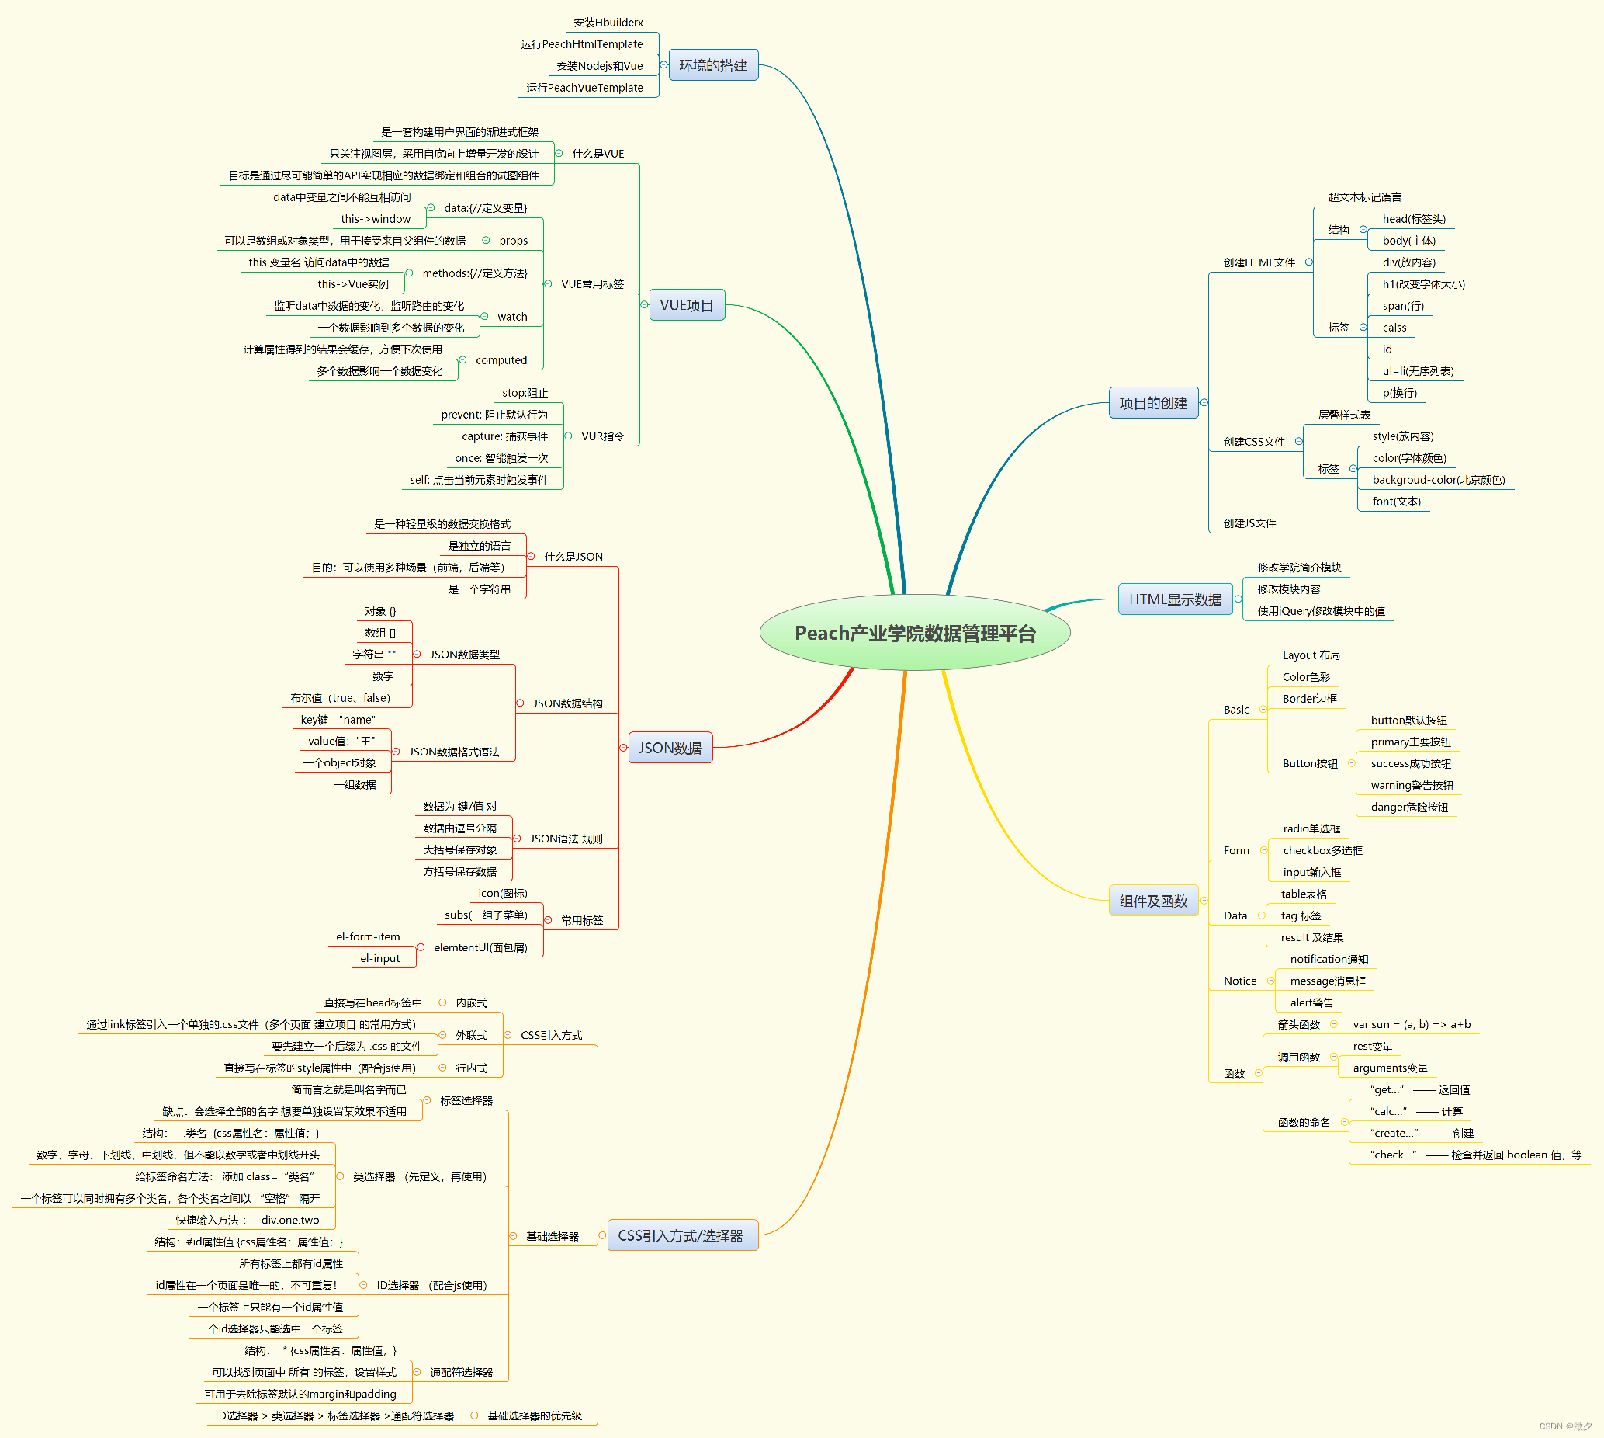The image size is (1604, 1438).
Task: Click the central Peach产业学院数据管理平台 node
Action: click(x=915, y=633)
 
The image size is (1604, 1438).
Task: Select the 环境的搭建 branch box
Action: click(x=712, y=65)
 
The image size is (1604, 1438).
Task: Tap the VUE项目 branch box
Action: click(x=686, y=305)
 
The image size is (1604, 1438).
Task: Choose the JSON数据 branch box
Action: click(x=670, y=748)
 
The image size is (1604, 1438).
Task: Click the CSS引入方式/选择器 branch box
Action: click(x=680, y=1235)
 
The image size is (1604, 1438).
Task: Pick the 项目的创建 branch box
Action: click(x=1153, y=403)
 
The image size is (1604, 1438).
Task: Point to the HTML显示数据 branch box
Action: click(x=1174, y=599)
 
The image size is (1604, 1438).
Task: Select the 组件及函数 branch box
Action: click(x=1153, y=901)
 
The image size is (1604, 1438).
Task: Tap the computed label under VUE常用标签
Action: click(x=501, y=360)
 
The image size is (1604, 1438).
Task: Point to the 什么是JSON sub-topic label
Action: click(x=573, y=557)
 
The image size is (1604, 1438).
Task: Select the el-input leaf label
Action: click(x=380, y=958)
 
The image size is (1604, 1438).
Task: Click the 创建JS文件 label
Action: click(x=1249, y=523)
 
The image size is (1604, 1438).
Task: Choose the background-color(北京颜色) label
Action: click(x=1438, y=480)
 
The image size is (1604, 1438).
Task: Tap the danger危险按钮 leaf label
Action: click(x=1409, y=807)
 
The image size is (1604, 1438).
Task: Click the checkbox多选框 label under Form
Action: click(x=1322, y=850)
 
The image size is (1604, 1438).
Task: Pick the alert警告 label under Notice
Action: click(x=1311, y=1002)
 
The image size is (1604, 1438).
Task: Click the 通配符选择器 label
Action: click(x=460, y=1373)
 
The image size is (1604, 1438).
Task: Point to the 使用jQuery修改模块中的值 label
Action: click(x=1321, y=611)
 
